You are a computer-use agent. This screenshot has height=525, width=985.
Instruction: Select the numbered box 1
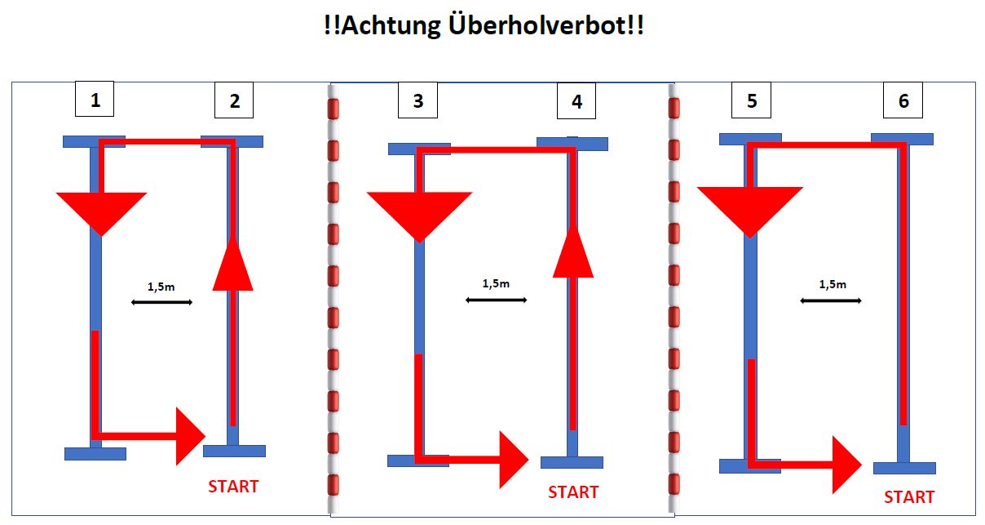coord(95,100)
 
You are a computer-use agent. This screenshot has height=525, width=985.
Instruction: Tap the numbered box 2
coord(234,102)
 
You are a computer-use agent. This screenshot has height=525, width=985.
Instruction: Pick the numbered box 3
coord(417,102)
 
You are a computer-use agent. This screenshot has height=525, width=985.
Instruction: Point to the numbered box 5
coord(751,102)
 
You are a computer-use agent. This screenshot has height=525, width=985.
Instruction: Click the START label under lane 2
coord(233,487)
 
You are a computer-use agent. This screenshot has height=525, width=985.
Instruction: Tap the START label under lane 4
coord(573,492)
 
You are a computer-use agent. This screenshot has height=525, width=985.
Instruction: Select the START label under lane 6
coord(909,497)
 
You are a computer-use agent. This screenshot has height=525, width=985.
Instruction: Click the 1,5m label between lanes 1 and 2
coord(161,287)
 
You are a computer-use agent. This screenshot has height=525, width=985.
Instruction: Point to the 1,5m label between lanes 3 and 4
coord(496,284)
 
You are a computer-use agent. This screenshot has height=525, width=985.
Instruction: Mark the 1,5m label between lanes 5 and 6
coord(833,285)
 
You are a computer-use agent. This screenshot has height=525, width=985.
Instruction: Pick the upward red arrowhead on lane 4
coord(573,252)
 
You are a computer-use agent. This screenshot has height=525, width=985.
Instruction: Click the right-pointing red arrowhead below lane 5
coord(846,465)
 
